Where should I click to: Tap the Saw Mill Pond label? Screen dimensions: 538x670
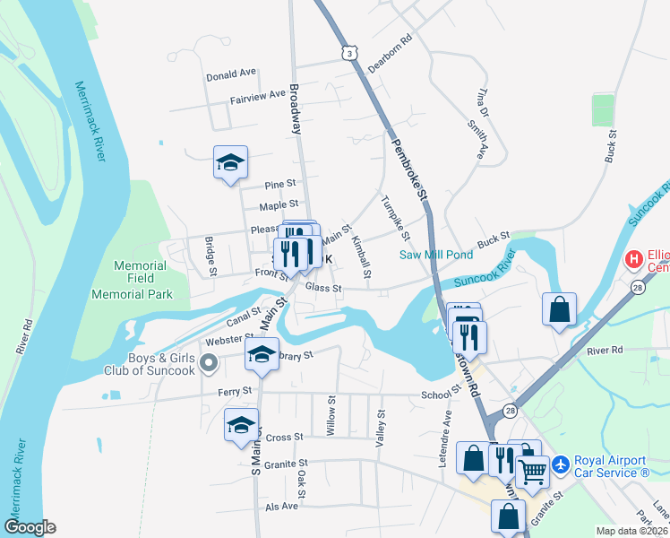click(435, 255)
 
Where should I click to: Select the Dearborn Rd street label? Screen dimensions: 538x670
click(390, 53)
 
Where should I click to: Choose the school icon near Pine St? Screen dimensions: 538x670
click(230, 163)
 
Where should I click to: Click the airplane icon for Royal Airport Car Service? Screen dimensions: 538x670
click(562, 464)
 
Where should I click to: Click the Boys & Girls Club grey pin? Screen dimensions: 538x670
click(209, 363)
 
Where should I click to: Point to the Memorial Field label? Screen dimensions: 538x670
click(141, 265)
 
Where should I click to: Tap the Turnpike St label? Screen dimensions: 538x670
click(395, 218)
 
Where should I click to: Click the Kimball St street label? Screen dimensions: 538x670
click(362, 256)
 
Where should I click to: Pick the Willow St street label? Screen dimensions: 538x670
click(331, 417)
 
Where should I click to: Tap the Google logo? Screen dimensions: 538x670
click(30, 527)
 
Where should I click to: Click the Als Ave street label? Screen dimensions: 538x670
click(281, 506)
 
